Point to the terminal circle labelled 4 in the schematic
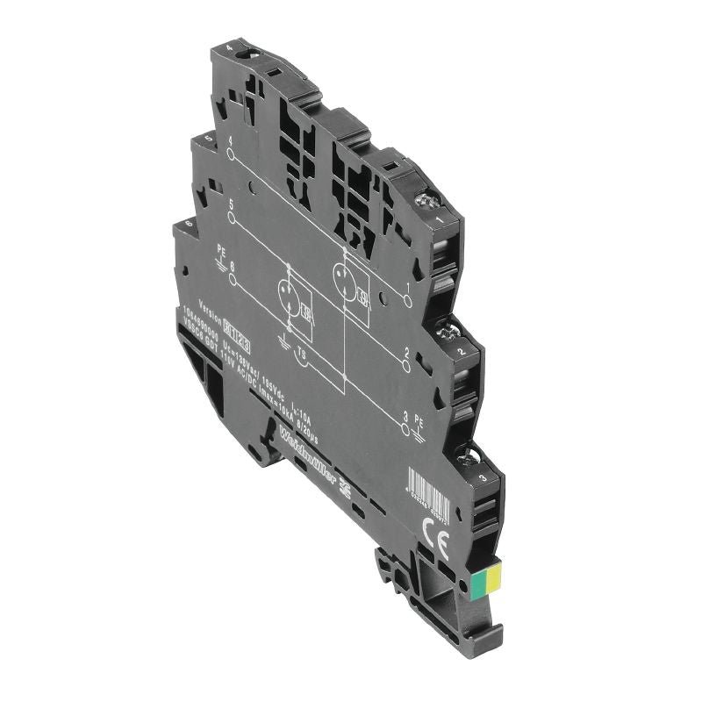click(230, 154)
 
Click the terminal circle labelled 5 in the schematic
click(231, 217)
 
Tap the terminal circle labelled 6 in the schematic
click(233, 280)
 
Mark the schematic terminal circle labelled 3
click(405, 428)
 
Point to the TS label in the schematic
click(301, 356)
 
